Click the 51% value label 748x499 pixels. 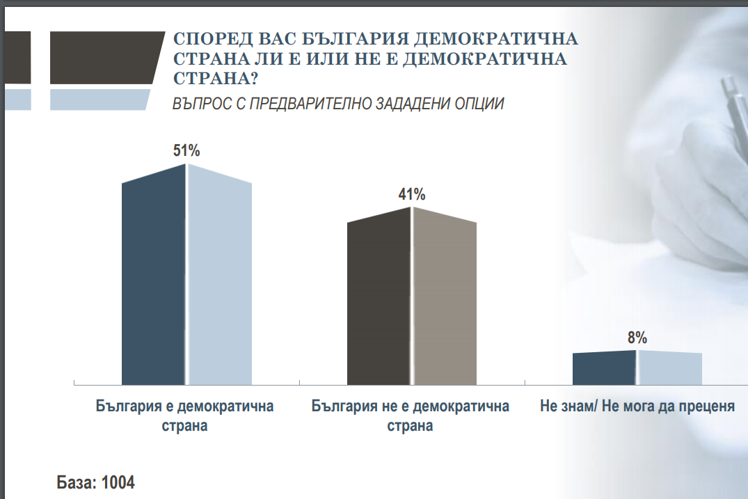(186, 150)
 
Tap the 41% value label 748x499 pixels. (412, 194)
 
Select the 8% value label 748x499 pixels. (637, 338)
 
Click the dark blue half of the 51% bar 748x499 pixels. (154, 278)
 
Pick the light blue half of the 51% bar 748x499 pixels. (219, 278)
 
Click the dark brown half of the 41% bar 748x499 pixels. (379, 299)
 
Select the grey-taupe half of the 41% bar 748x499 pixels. (444, 299)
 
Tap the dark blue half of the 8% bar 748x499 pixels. (604, 367)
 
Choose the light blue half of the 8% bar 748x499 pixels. (669, 367)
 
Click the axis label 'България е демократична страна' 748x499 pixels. (184, 415)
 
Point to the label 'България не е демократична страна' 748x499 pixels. (411, 415)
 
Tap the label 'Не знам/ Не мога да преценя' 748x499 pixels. (637, 406)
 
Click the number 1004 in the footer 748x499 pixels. (118, 482)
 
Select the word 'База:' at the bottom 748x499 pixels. (76, 482)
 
